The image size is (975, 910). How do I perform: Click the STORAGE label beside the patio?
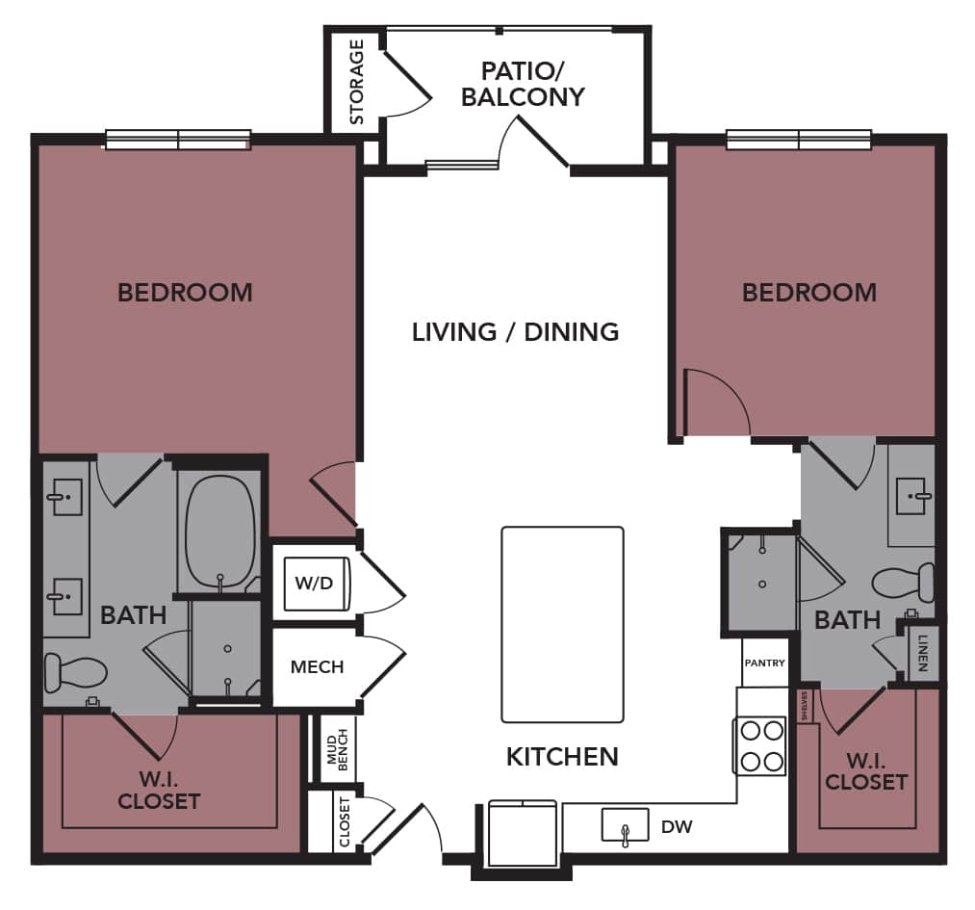click(356, 82)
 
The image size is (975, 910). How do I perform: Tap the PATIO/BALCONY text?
click(522, 84)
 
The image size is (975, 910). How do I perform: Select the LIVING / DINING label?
click(515, 332)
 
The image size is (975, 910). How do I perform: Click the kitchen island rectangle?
click(562, 624)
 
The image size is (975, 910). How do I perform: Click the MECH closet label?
click(317, 666)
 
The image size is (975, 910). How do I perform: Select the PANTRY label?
click(764, 663)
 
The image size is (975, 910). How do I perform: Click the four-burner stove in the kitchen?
click(759, 746)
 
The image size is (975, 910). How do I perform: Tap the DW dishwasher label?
click(677, 826)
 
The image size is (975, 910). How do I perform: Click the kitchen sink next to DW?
click(625, 826)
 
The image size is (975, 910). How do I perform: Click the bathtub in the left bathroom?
click(220, 533)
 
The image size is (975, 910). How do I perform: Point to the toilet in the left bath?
click(75, 671)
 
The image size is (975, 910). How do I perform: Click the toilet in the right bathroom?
click(904, 582)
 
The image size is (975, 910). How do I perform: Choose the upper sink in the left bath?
click(65, 498)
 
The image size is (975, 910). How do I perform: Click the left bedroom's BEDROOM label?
click(185, 292)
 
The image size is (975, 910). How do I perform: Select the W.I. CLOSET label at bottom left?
click(158, 790)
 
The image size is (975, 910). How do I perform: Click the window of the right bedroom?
click(799, 140)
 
